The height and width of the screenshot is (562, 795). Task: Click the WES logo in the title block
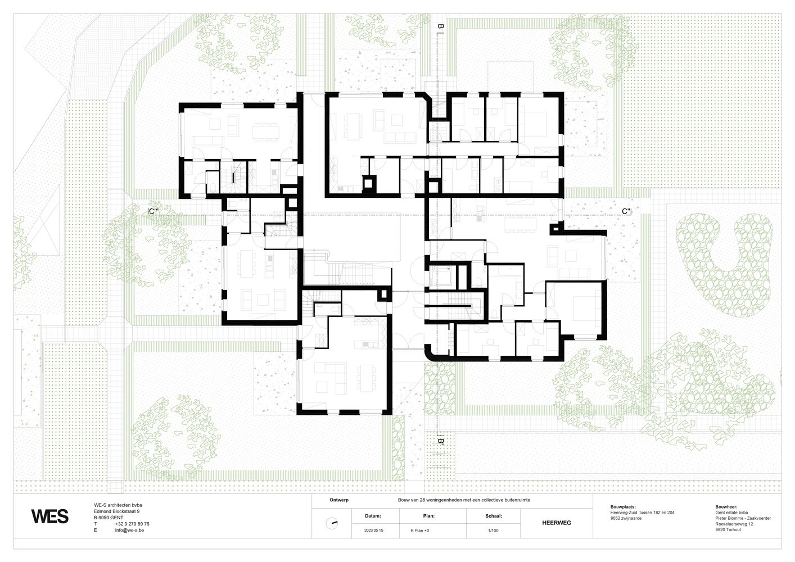click(x=50, y=516)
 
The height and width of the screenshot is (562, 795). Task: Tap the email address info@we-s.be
click(x=129, y=530)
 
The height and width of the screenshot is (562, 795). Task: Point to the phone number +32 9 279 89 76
click(x=132, y=524)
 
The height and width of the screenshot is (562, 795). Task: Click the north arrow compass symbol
click(x=332, y=523)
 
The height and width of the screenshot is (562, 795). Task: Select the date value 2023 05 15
click(x=374, y=531)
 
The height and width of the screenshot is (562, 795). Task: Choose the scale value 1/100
click(x=493, y=531)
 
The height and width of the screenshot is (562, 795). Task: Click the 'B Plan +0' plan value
click(x=420, y=531)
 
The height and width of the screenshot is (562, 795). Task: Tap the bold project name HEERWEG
click(x=557, y=523)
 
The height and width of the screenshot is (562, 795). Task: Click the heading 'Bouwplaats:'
click(x=623, y=507)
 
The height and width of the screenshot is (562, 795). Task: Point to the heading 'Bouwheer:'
click(x=726, y=507)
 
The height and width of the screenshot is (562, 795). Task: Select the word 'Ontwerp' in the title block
click(x=339, y=500)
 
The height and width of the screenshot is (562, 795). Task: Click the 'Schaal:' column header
click(x=494, y=516)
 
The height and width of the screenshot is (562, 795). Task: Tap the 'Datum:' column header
click(x=373, y=516)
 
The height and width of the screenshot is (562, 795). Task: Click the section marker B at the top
click(x=440, y=26)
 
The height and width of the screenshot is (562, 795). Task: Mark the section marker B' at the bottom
click(x=440, y=441)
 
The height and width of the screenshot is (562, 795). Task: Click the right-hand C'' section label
click(x=626, y=211)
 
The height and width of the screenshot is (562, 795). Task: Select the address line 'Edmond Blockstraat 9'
click(x=117, y=511)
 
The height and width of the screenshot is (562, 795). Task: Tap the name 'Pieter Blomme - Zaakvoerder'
click(x=743, y=518)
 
